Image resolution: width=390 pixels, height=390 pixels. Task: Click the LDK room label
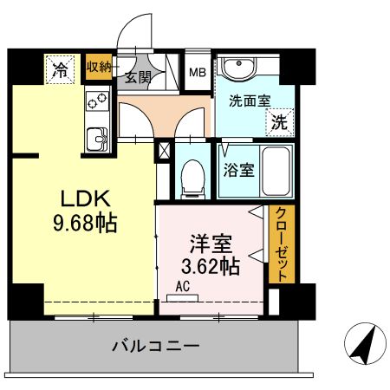pyautogui.click(x=84, y=198)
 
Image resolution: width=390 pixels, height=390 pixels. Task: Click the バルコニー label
pyautogui.click(x=156, y=346)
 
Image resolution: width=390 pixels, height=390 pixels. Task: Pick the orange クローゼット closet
pyautogui.click(x=281, y=244)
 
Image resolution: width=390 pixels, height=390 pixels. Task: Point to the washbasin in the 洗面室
pyautogui.click(x=237, y=69)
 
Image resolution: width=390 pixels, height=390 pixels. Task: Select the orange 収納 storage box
pyautogui.click(x=98, y=67)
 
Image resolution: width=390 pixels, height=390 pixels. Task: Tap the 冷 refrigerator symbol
pyautogui.click(x=61, y=68)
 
